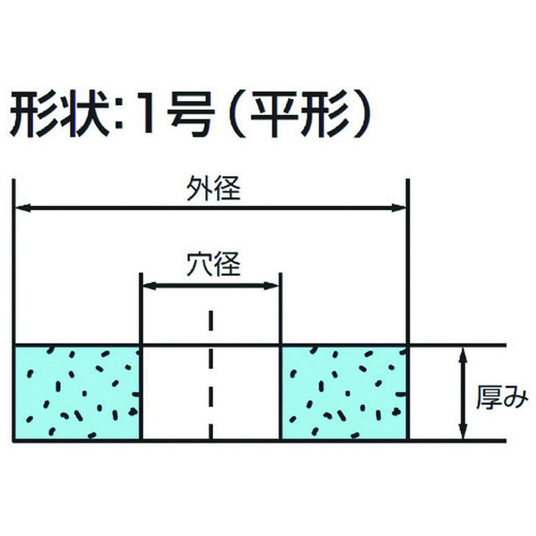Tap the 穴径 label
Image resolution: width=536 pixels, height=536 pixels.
point(213,264)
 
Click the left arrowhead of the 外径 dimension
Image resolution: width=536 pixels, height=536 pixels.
point(23,207)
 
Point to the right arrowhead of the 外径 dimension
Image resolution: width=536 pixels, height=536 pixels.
point(399,207)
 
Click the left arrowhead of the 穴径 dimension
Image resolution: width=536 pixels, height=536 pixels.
point(150,286)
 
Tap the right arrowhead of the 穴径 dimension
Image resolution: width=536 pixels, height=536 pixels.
point(272,286)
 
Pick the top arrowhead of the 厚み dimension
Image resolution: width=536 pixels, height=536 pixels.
point(463,355)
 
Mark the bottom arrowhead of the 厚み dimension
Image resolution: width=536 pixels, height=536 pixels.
point(463,431)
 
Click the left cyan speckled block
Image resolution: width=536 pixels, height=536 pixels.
point(77,393)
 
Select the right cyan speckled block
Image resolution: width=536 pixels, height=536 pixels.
point(344,393)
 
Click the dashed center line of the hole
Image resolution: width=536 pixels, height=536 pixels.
point(211,375)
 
